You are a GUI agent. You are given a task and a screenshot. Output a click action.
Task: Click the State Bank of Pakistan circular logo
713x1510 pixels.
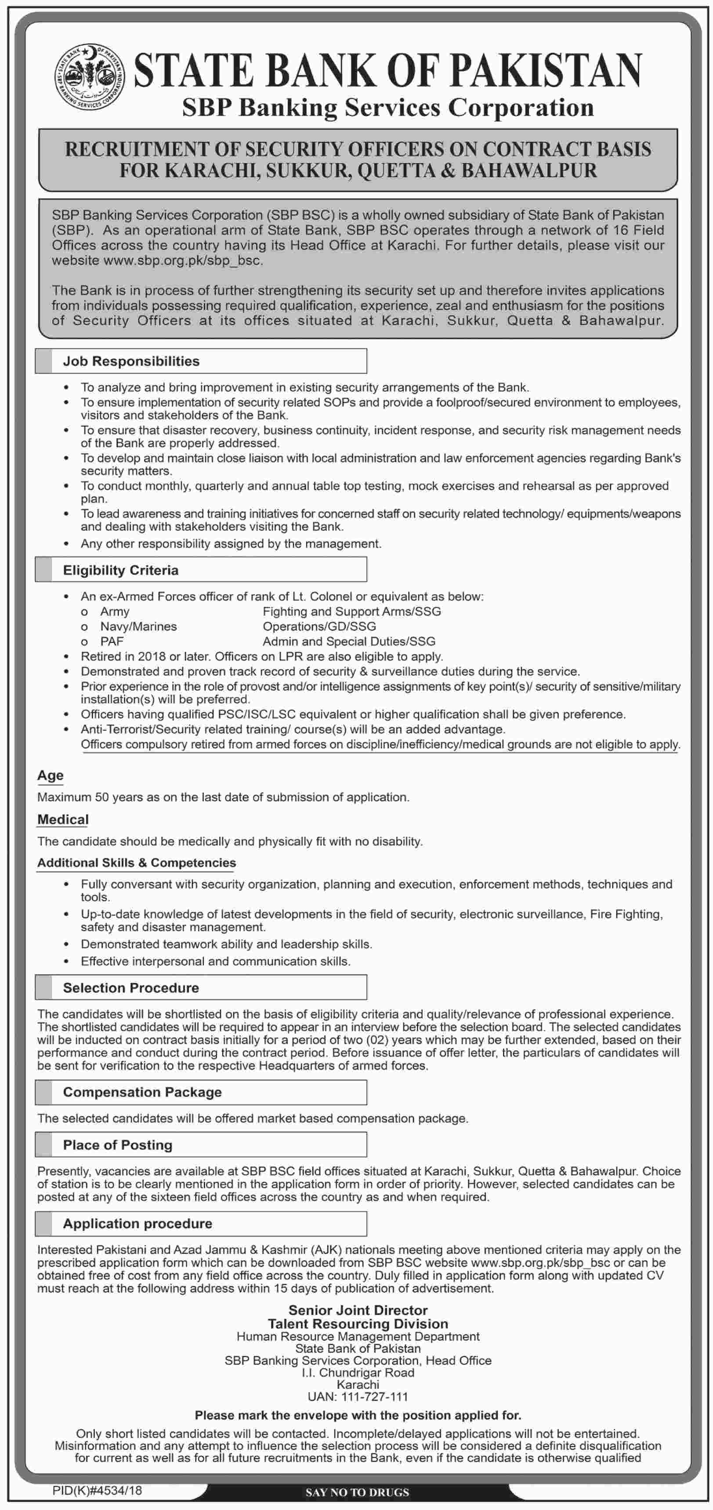coord(90,77)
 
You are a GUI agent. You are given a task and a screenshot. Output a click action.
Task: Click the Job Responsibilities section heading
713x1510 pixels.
coord(131,362)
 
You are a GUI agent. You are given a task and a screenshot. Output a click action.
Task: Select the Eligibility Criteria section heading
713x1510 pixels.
coord(121,570)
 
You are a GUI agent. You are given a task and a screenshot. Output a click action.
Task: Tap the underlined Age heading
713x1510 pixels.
coord(51,776)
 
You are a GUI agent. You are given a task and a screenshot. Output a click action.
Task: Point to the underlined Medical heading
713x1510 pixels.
coord(63,820)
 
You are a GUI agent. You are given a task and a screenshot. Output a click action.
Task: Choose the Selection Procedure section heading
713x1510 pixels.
coord(130,988)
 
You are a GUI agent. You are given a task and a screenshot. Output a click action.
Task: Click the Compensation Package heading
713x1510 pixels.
coord(142,1092)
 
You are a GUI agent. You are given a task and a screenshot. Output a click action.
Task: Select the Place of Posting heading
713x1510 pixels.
coord(118,1145)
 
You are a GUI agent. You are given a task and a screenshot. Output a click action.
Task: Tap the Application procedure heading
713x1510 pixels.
coord(138,1223)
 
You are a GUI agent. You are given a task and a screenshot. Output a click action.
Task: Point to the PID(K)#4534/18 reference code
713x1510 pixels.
coord(97,1489)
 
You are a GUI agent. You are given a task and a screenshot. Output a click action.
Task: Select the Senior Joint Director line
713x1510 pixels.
coord(358,1310)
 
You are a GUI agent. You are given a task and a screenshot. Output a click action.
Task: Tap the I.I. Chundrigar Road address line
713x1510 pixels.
coord(358,1372)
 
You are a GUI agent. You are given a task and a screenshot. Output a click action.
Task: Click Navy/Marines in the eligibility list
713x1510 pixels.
coord(138,627)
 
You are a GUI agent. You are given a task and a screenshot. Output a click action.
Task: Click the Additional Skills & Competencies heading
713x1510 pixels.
coord(137,863)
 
